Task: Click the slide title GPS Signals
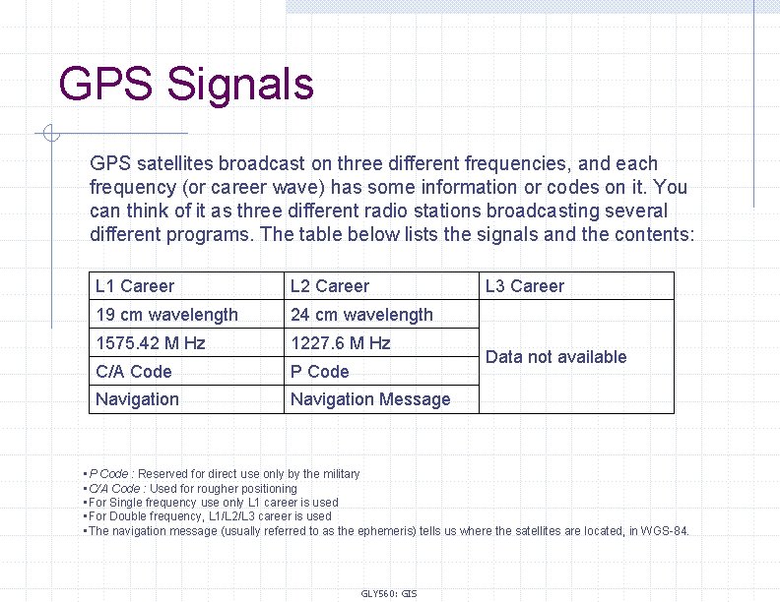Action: pyautogui.click(x=186, y=84)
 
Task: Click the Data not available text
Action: pyautogui.click(x=556, y=357)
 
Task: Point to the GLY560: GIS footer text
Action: pyautogui.click(x=389, y=593)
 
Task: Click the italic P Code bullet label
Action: pyautogui.click(x=109, y=474)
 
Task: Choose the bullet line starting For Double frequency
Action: pyautogui.click(x=209, y=516)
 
